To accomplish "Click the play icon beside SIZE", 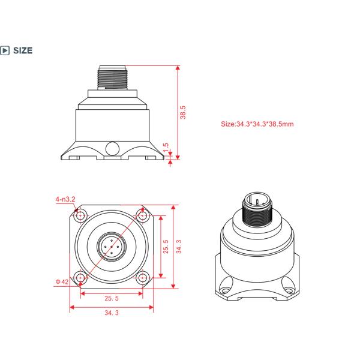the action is [x=5, y=50].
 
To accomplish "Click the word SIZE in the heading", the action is [x=23, y=50].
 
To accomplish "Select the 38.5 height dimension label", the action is [x=183, y=112].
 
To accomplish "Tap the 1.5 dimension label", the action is [x=166, y=148].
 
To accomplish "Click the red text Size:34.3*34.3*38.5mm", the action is [x=257, y=124].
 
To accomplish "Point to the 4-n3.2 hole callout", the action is [x=65, y=199].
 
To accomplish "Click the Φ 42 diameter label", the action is [x=62, y=282].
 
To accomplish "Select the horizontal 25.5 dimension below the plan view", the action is [x=112, y=298].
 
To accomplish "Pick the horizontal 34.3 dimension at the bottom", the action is [x=112, y=313].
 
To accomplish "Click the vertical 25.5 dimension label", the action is [x=166, y=247].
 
